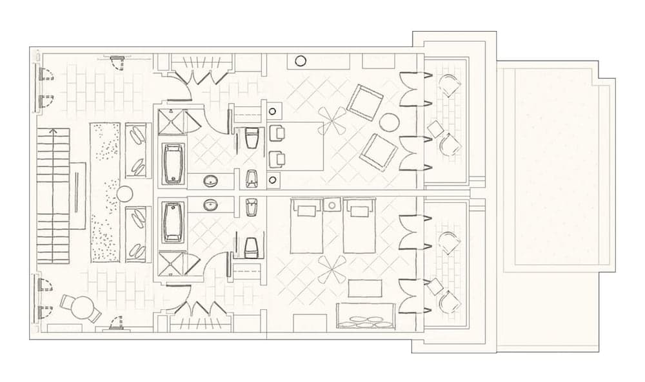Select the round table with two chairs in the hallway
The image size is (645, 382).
[x=82, y=308]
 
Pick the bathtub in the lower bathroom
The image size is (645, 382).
[x=173, y=222]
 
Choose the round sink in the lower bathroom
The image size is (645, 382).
[x=211, y=205]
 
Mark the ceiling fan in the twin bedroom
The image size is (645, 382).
[x=333, y=270]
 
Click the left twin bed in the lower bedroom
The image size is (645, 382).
[x=306, y=225]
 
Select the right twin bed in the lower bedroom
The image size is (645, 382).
[x=359, y=225]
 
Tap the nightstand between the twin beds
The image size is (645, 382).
[x=332, y=205]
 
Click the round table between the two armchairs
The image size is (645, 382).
[x=389, y=122]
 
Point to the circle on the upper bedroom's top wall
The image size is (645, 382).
[x=301, y=61]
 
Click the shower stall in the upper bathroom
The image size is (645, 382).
[x=173, y=122]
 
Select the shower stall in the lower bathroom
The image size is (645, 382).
[x=173, y=264]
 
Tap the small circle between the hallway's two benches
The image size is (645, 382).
[x=124, y=193]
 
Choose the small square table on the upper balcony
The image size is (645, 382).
[x=435, y=129]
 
